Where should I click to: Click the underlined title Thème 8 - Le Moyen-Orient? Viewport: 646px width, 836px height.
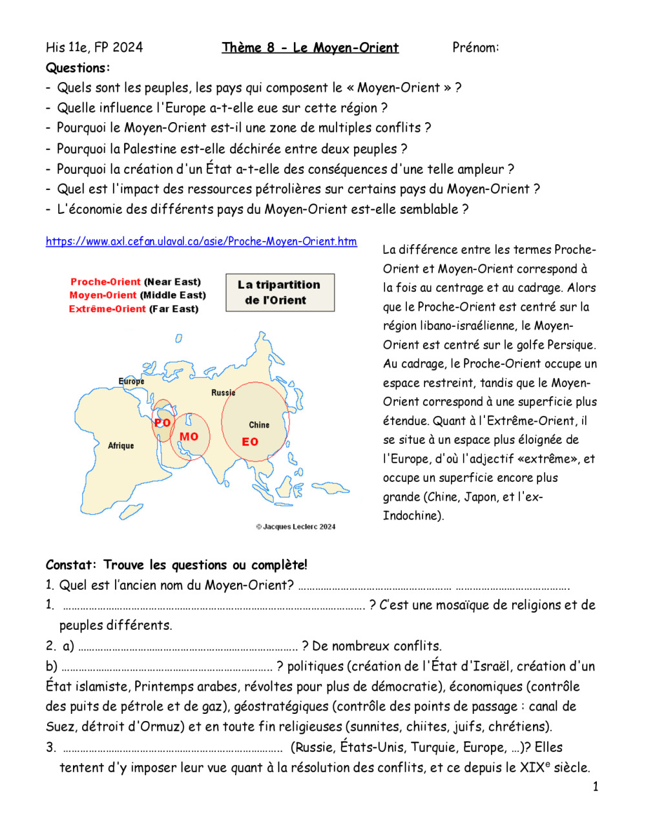pos(310,47)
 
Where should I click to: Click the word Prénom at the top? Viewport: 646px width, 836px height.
pos(475,47)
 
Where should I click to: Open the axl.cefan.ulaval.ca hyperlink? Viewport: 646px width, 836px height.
pos(201,242)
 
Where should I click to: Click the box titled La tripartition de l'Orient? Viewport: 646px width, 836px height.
pos(280,293)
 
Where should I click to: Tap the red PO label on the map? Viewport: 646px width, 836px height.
pos(162,423)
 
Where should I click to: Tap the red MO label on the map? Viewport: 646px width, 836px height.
pos(189,437)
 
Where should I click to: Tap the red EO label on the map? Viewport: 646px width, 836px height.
pos(250,442)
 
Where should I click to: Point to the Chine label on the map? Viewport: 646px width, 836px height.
pos(259,425)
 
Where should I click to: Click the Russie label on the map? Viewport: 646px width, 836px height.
pos(224,393)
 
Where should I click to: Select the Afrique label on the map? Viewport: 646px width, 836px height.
pos(121,446)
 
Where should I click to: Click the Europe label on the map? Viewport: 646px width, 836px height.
pos(131,381)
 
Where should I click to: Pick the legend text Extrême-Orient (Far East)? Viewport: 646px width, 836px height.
pos(134,309)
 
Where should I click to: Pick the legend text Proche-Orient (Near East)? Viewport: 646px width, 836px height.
pos(136,282)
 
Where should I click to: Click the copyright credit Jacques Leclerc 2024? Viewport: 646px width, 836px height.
pos(296,527)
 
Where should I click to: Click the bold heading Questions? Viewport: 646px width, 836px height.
pos(78,68)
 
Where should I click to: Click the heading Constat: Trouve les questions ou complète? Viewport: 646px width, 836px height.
pos(176,565)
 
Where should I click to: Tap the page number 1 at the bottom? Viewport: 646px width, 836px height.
pos(595,786)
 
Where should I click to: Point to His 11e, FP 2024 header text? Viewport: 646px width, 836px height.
pos(94,47)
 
